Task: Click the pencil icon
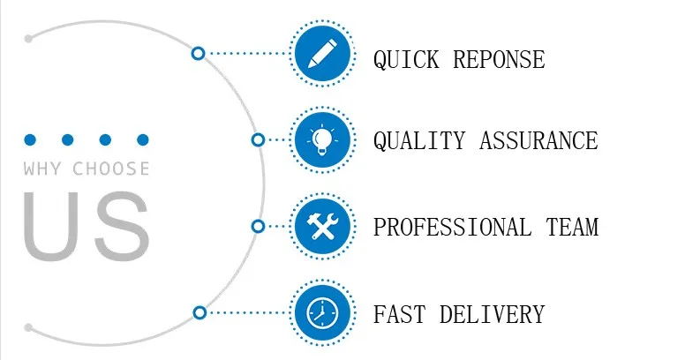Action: point(322,53)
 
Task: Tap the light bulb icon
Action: point(322,139)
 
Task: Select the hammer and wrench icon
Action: point(322,226)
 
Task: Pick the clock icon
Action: point(322,313)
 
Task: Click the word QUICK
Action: point(406,59)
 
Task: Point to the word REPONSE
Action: point(499,59)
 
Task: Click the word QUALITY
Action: point(419,140)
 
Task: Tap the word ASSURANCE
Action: point(538,140)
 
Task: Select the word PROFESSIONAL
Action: point(453,227)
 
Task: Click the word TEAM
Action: point(572,227)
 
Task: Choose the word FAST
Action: point(399,314)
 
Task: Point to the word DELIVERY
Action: point(493,314)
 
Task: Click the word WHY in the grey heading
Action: point(42,169)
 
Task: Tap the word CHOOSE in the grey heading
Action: point(111,169)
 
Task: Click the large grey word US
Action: point(87,226)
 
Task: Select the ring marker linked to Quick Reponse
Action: point(198,53)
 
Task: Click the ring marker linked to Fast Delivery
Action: point(199,313)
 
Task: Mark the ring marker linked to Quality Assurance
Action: point(258,139)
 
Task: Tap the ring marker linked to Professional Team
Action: point(258,226)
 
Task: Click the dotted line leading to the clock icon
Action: point(247,313)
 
